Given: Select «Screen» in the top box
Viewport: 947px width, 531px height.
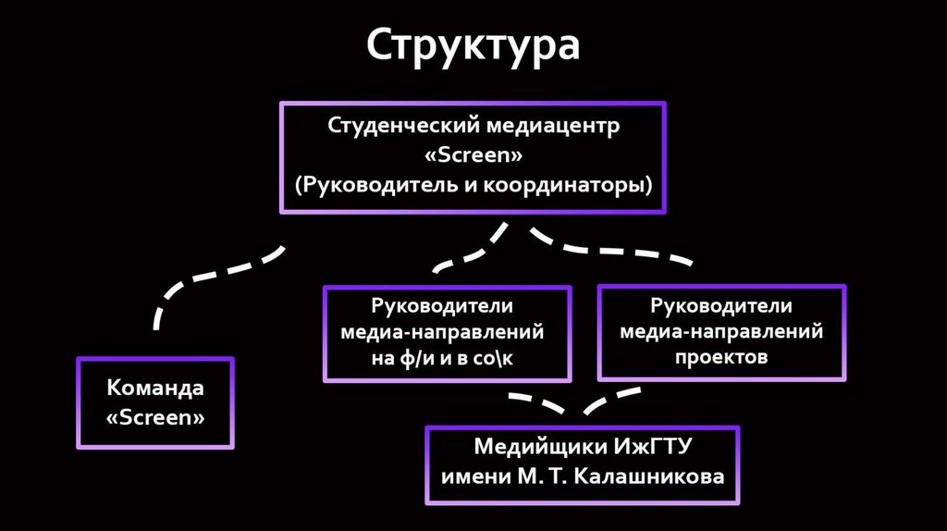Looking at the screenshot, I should (473, 154).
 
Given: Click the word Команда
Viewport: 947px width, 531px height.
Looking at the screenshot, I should (155, 388).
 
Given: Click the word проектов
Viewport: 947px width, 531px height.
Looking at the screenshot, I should (721, 356).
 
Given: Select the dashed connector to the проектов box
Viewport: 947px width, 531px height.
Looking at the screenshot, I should (610, 248).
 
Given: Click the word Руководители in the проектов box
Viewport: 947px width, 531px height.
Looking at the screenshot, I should (721, 305).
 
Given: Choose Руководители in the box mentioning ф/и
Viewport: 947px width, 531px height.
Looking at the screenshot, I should (447, 305).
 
